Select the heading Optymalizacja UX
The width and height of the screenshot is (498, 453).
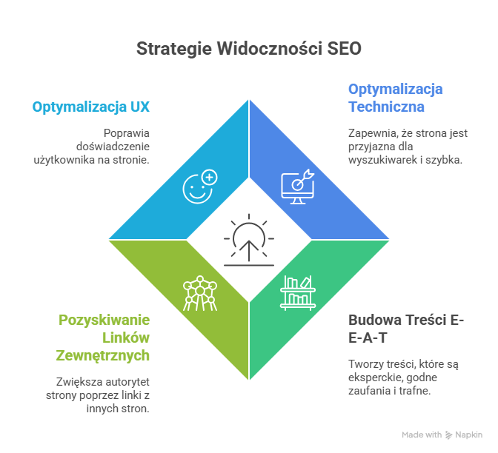tap(91, 107)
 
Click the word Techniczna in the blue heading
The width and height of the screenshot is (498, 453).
tap(386, 107)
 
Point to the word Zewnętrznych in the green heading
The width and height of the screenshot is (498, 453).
tap(103, 355)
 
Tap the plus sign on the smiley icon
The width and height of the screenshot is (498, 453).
tap(210, 178)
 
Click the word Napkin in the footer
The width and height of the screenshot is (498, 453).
tap(468, 435)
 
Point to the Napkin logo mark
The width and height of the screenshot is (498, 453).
tap(448, 435)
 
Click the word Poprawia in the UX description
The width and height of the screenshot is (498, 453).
tap(127, 133)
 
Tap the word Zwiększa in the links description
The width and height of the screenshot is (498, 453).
tap(79, 382)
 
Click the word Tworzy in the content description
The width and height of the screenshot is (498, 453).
tap(365, 363)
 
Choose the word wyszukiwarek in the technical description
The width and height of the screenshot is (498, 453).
tap(379, 160)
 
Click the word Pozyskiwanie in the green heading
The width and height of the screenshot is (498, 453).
tap(104, 321)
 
